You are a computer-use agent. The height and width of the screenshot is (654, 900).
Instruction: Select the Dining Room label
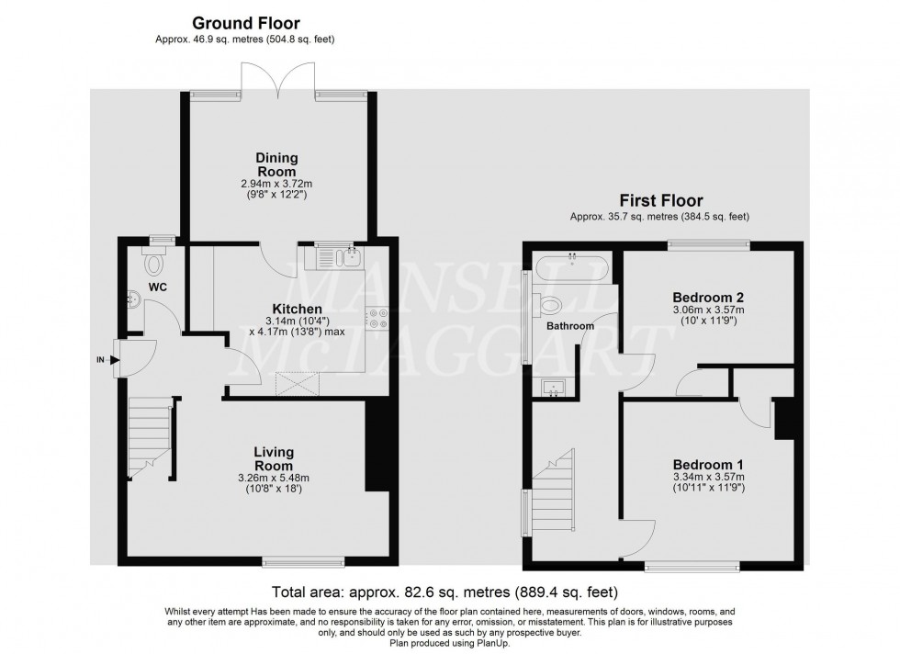point(276,165)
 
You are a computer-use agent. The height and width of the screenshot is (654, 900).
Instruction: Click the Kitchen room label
point(296,309)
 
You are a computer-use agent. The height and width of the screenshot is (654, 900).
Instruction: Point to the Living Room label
point(274,458)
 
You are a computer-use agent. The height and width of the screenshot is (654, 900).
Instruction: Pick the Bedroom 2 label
point(708,298)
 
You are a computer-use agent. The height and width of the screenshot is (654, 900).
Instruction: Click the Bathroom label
point(570,326)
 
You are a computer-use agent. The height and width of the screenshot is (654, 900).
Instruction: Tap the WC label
point(159,288)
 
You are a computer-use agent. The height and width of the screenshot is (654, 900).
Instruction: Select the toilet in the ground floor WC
point(153,265)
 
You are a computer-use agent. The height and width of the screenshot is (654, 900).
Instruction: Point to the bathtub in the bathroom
point(571,268)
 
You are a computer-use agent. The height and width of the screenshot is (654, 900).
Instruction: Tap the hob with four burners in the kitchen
point(377,318)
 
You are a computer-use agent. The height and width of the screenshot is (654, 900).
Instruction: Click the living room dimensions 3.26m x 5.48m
point(274,477)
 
